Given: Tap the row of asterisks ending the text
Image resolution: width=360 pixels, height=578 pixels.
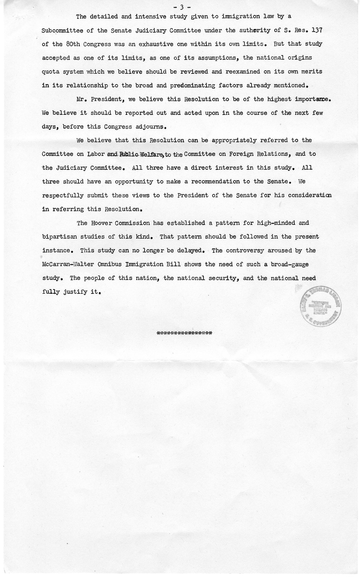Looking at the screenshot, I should pos(185,332).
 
